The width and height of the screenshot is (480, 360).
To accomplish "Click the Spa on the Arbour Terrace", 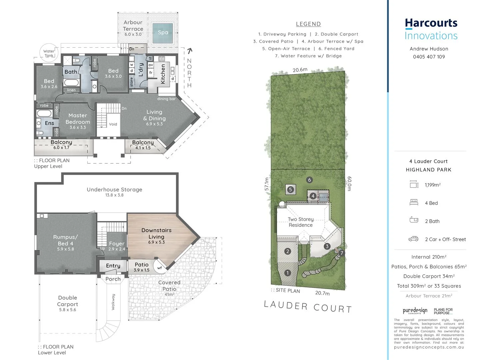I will (x=163, y=32).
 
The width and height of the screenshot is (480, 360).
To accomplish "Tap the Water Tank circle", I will (x=49, y=53).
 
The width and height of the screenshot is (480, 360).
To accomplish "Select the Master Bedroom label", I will (x=78, y=119).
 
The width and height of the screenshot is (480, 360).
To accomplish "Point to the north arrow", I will (x=190, y=51).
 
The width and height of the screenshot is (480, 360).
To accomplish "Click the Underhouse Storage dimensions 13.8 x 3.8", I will (x=114, y=195).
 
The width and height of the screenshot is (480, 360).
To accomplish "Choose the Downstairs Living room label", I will (x=156, y=233).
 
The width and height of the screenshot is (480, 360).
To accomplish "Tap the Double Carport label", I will (x=68, y=301).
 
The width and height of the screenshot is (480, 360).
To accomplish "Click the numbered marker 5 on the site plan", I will (x=290, y=190).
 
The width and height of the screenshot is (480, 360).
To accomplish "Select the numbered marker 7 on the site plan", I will (x=341, y=253).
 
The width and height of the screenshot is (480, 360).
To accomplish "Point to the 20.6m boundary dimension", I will (x=300, y=70).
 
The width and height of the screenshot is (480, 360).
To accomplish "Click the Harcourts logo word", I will (x=431, y=23).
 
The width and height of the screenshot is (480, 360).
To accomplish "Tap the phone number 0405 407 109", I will (x=429, y=57).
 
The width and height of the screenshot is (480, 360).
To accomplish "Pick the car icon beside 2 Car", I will (x=413, y=239).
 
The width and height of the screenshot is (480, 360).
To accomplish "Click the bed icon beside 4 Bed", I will (x=414, y=202).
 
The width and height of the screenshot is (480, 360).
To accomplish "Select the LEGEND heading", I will (x=308, y=24).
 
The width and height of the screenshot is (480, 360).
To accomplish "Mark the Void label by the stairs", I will (x=113, y=124).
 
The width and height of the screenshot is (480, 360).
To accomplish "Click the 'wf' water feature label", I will (x=160, y=268).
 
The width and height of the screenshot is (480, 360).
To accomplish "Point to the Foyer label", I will (x=117, y=244).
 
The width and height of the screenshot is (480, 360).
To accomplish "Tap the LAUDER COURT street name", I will (x=307, y=307).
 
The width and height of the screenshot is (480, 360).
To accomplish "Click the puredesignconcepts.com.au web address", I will (x=429, y=347).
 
